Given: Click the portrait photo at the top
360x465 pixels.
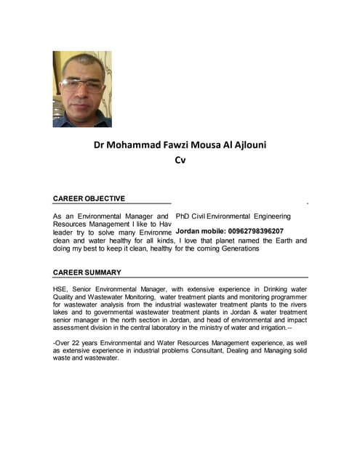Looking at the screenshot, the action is coord(82,89).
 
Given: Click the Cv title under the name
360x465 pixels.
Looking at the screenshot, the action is coord(180,160).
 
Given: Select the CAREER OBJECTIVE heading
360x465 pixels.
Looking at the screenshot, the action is coord(89,198).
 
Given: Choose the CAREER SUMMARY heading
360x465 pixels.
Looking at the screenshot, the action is coord(87,272).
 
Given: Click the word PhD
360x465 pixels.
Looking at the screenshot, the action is coord(183,217).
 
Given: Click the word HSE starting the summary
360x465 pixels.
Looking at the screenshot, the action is coord(61,289).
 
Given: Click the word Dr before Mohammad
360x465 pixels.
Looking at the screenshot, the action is coord(100,145).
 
